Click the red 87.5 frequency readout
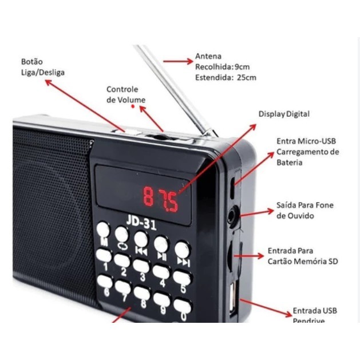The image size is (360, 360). coord(161,197)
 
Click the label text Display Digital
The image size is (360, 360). coord(284,114)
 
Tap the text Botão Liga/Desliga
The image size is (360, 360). coord(43,67)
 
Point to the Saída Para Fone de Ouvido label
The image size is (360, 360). coord(304,210)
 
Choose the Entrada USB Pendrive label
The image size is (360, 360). coord(314,315)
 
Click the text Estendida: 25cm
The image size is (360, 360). coord(226,77)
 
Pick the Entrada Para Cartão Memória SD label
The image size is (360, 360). coord(303,256)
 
